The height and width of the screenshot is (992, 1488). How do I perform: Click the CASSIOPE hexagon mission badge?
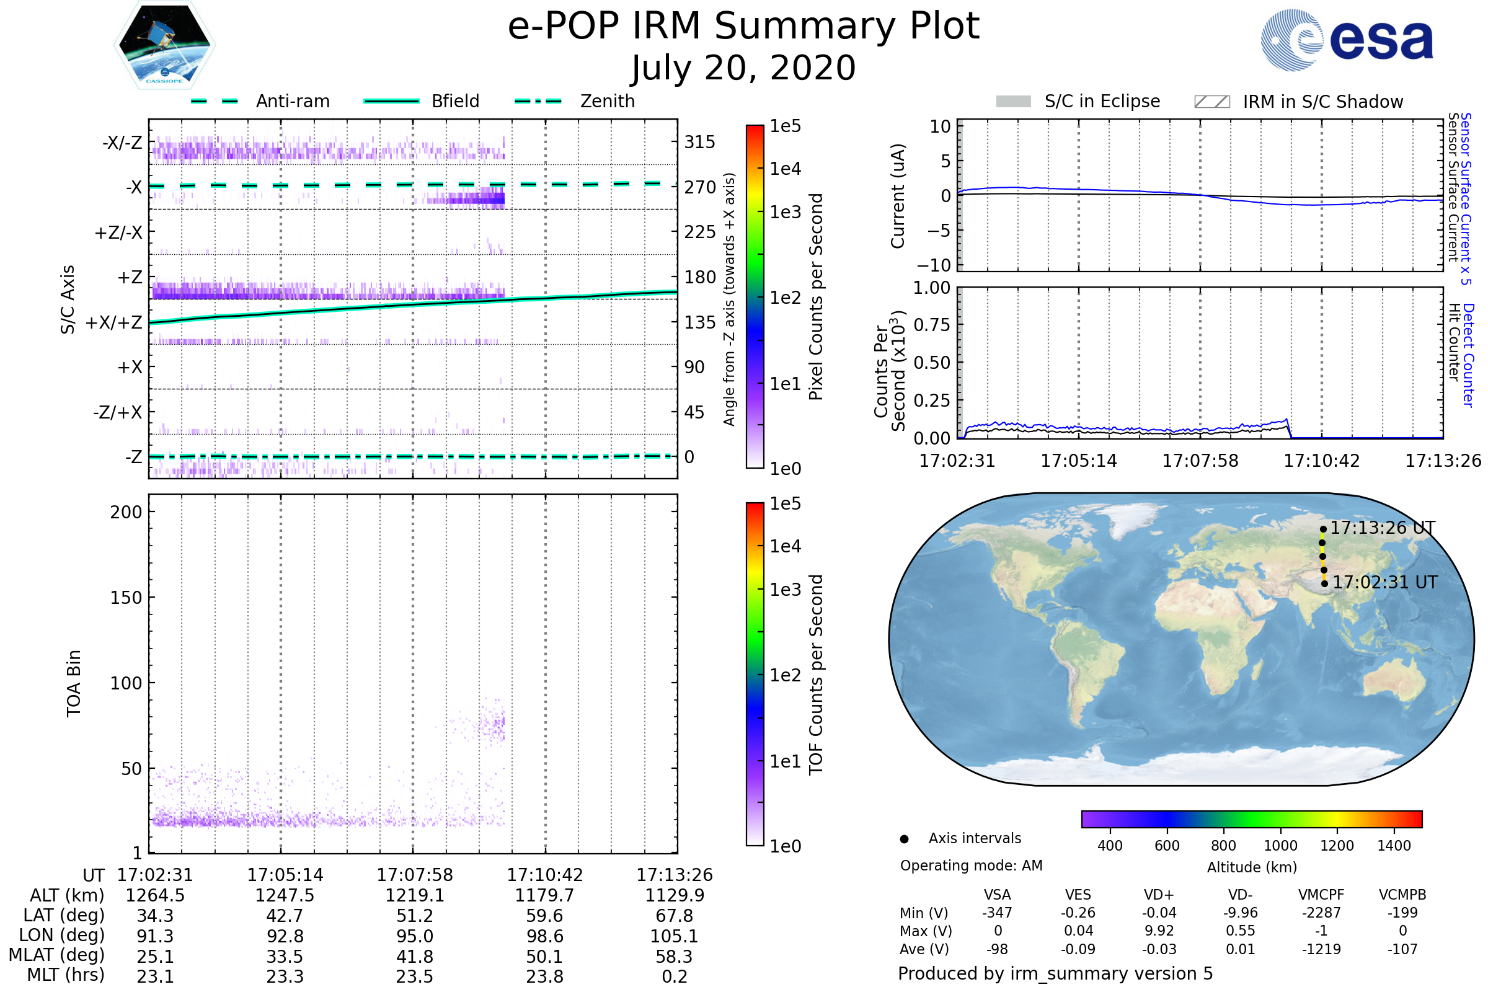click(164, 45)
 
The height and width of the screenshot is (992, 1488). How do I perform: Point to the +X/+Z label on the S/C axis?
click(114, 322)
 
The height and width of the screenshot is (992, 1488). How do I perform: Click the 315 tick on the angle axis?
click(699, 142)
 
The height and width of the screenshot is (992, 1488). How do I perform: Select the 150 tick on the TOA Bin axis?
click(126, 598)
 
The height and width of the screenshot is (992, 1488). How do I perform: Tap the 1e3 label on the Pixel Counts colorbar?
click(785, 212)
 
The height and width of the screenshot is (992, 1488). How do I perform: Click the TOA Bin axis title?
click(74, 683)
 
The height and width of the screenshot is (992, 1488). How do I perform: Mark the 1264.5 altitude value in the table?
click(155, 895)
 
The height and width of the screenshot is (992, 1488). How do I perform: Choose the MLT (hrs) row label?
click(66, 975)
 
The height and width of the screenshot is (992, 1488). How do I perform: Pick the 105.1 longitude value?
click(674, 936)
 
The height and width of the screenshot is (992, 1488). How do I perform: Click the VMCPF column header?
click(1321, 895)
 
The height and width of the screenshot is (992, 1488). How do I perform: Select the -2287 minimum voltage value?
click(1321, 913)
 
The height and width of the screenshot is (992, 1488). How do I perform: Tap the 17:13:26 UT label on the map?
click(1382, 528)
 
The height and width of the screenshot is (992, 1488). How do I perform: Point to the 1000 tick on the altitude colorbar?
click(1280, 846)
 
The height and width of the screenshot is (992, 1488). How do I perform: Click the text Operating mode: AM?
click(971, 866)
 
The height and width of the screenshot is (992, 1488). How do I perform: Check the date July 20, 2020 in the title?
click(743, 68)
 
